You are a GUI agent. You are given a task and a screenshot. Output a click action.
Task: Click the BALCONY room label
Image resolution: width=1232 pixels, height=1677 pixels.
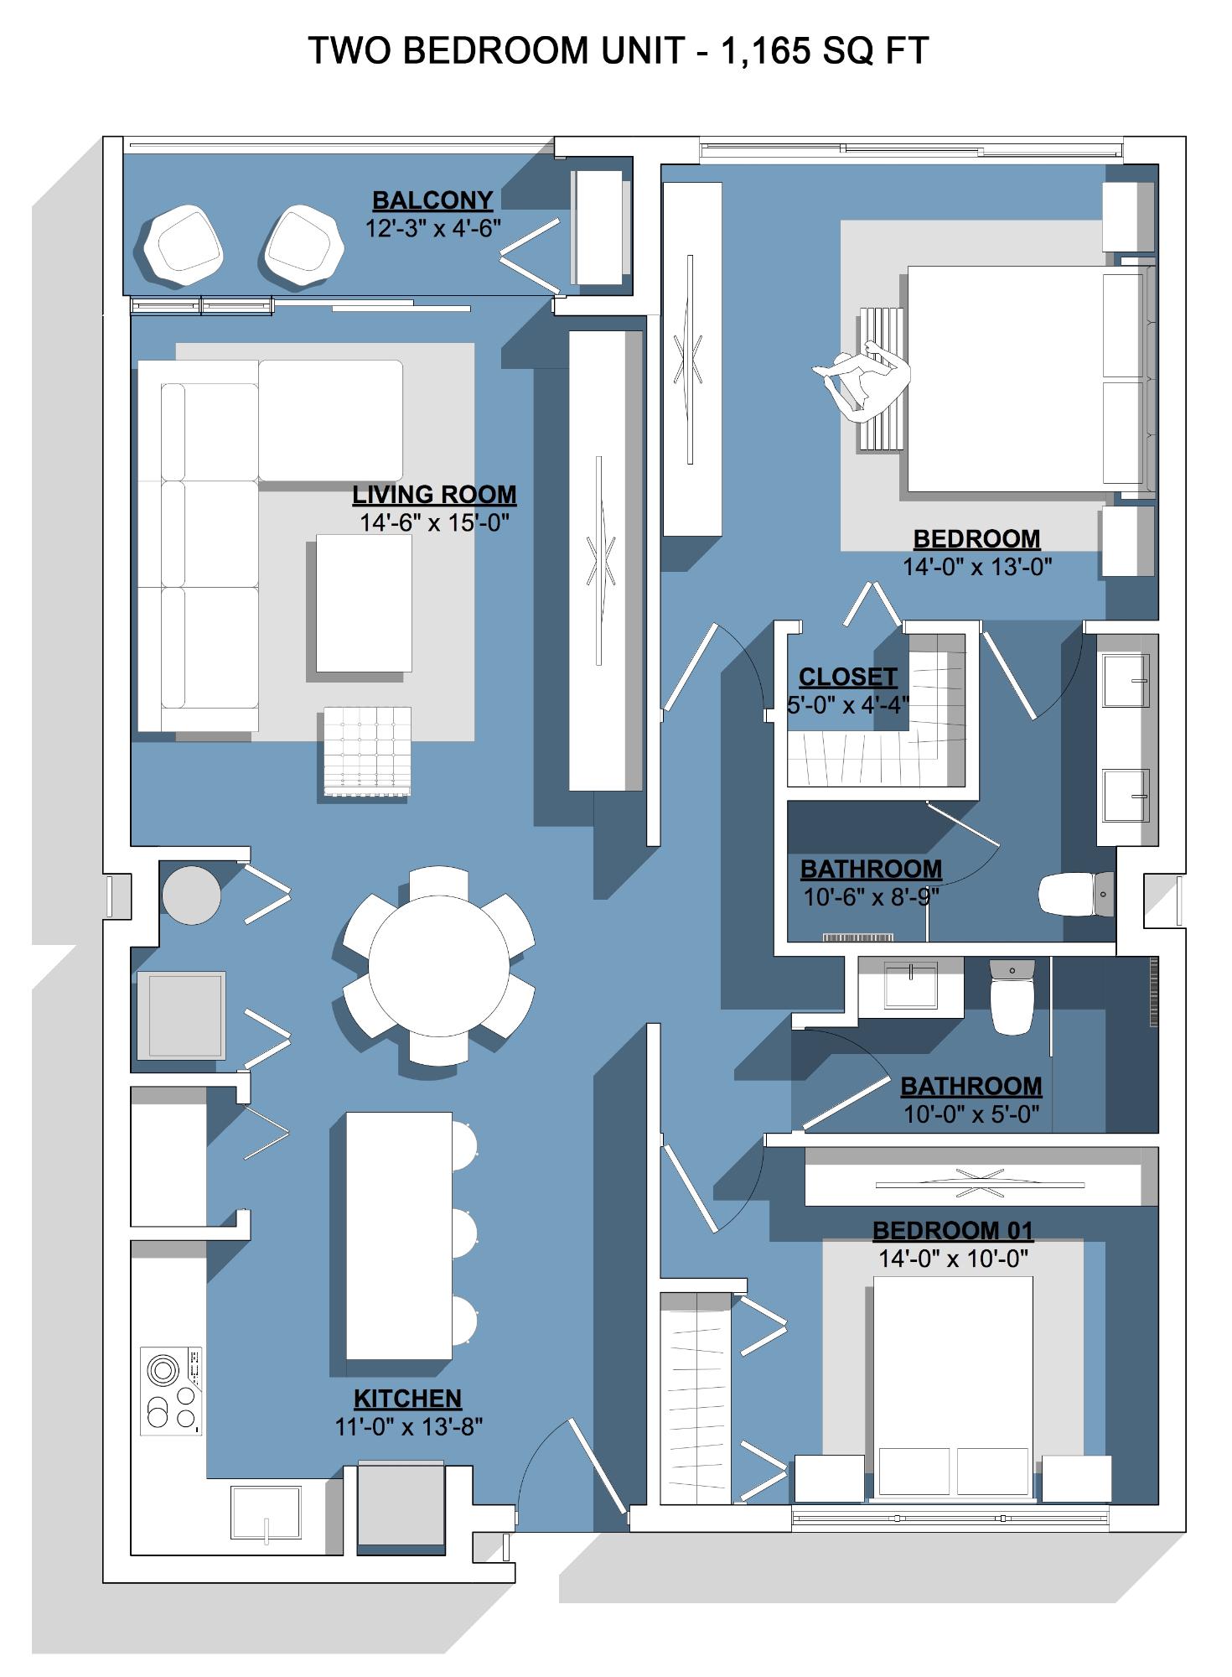(432, 200)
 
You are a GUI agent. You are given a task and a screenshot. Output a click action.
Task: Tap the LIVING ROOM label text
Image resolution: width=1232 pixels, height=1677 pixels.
(434, 495)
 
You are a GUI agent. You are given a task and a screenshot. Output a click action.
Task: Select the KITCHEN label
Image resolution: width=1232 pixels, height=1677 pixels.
(408, 1399)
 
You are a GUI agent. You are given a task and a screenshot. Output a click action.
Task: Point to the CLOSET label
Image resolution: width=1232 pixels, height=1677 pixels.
(848, 677)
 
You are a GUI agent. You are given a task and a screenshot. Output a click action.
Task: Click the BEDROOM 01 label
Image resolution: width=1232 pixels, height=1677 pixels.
(953, 1230)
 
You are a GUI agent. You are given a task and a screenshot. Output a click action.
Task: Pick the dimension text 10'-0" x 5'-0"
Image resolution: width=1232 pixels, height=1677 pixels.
(971, 1114)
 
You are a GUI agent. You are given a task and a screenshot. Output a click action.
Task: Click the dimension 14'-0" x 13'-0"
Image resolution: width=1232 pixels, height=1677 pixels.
(977, 567)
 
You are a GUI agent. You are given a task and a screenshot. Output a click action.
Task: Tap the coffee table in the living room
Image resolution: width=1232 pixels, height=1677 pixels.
(365, 603)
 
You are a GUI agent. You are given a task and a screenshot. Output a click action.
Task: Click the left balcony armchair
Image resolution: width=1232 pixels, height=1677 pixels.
(184, 243)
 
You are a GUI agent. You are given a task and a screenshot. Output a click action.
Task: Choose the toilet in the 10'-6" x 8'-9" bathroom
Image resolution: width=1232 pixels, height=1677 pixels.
(1076, 895)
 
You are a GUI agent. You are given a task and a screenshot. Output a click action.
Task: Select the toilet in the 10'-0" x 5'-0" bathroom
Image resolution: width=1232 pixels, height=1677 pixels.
(1012, 996)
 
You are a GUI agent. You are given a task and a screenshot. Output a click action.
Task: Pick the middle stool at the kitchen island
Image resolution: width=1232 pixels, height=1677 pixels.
(463, 1233)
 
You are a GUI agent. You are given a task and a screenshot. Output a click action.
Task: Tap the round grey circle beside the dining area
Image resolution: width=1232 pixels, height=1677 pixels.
(191, 895)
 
